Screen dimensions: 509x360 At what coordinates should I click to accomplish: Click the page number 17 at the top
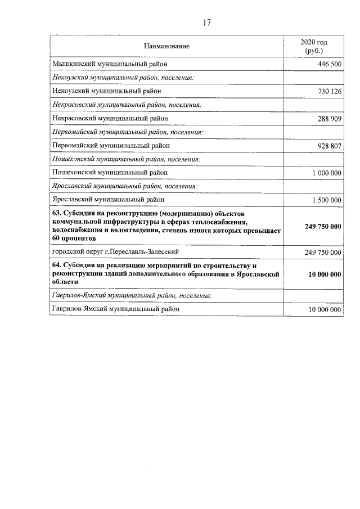click(x=206, y=23)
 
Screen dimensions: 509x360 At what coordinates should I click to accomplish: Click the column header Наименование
click(x=166, y=46)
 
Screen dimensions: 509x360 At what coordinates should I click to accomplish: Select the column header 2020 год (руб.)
click(x=313, y=46)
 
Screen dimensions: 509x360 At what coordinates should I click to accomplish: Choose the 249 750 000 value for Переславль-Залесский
click(x=323, y=253)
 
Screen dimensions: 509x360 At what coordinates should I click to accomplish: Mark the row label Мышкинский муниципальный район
click(x=109, y=64)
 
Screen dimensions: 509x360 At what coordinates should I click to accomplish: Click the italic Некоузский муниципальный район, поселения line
click(x=123, y=78)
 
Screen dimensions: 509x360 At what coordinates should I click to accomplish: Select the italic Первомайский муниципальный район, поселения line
click(x=127, y=132)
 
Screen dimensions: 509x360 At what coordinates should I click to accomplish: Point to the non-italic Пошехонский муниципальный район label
click(x=110, y=173)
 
